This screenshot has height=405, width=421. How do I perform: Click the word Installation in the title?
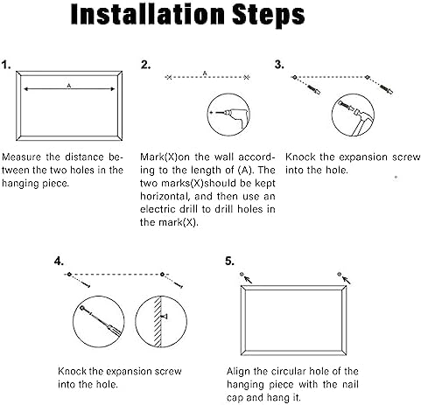coord(148,14)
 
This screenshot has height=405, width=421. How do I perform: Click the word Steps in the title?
coord(269,16)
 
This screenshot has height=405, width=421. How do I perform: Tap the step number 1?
coord(6,65)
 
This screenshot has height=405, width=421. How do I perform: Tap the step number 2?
coord(145,65)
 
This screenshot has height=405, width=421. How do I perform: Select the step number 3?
coord(279,65)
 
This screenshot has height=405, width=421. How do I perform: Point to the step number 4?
coord(59,261)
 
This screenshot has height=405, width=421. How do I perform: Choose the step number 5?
coord(229,261)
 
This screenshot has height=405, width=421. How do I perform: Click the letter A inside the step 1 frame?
coord(69,86)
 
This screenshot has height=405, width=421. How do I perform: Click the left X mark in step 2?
coord(169,77)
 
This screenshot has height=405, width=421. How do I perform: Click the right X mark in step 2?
coord(247,77)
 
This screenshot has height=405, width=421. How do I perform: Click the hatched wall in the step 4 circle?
coord(158,322)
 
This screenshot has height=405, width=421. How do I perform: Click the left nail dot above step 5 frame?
coord(242,274)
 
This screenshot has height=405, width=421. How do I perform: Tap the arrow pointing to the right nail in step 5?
coord(347,280)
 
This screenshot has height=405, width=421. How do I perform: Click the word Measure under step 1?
coord(21,157)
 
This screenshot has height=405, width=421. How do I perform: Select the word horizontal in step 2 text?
coord(164,196)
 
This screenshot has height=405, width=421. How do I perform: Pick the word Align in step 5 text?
coord(238,372)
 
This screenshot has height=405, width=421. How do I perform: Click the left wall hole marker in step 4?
coord(69,275)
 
